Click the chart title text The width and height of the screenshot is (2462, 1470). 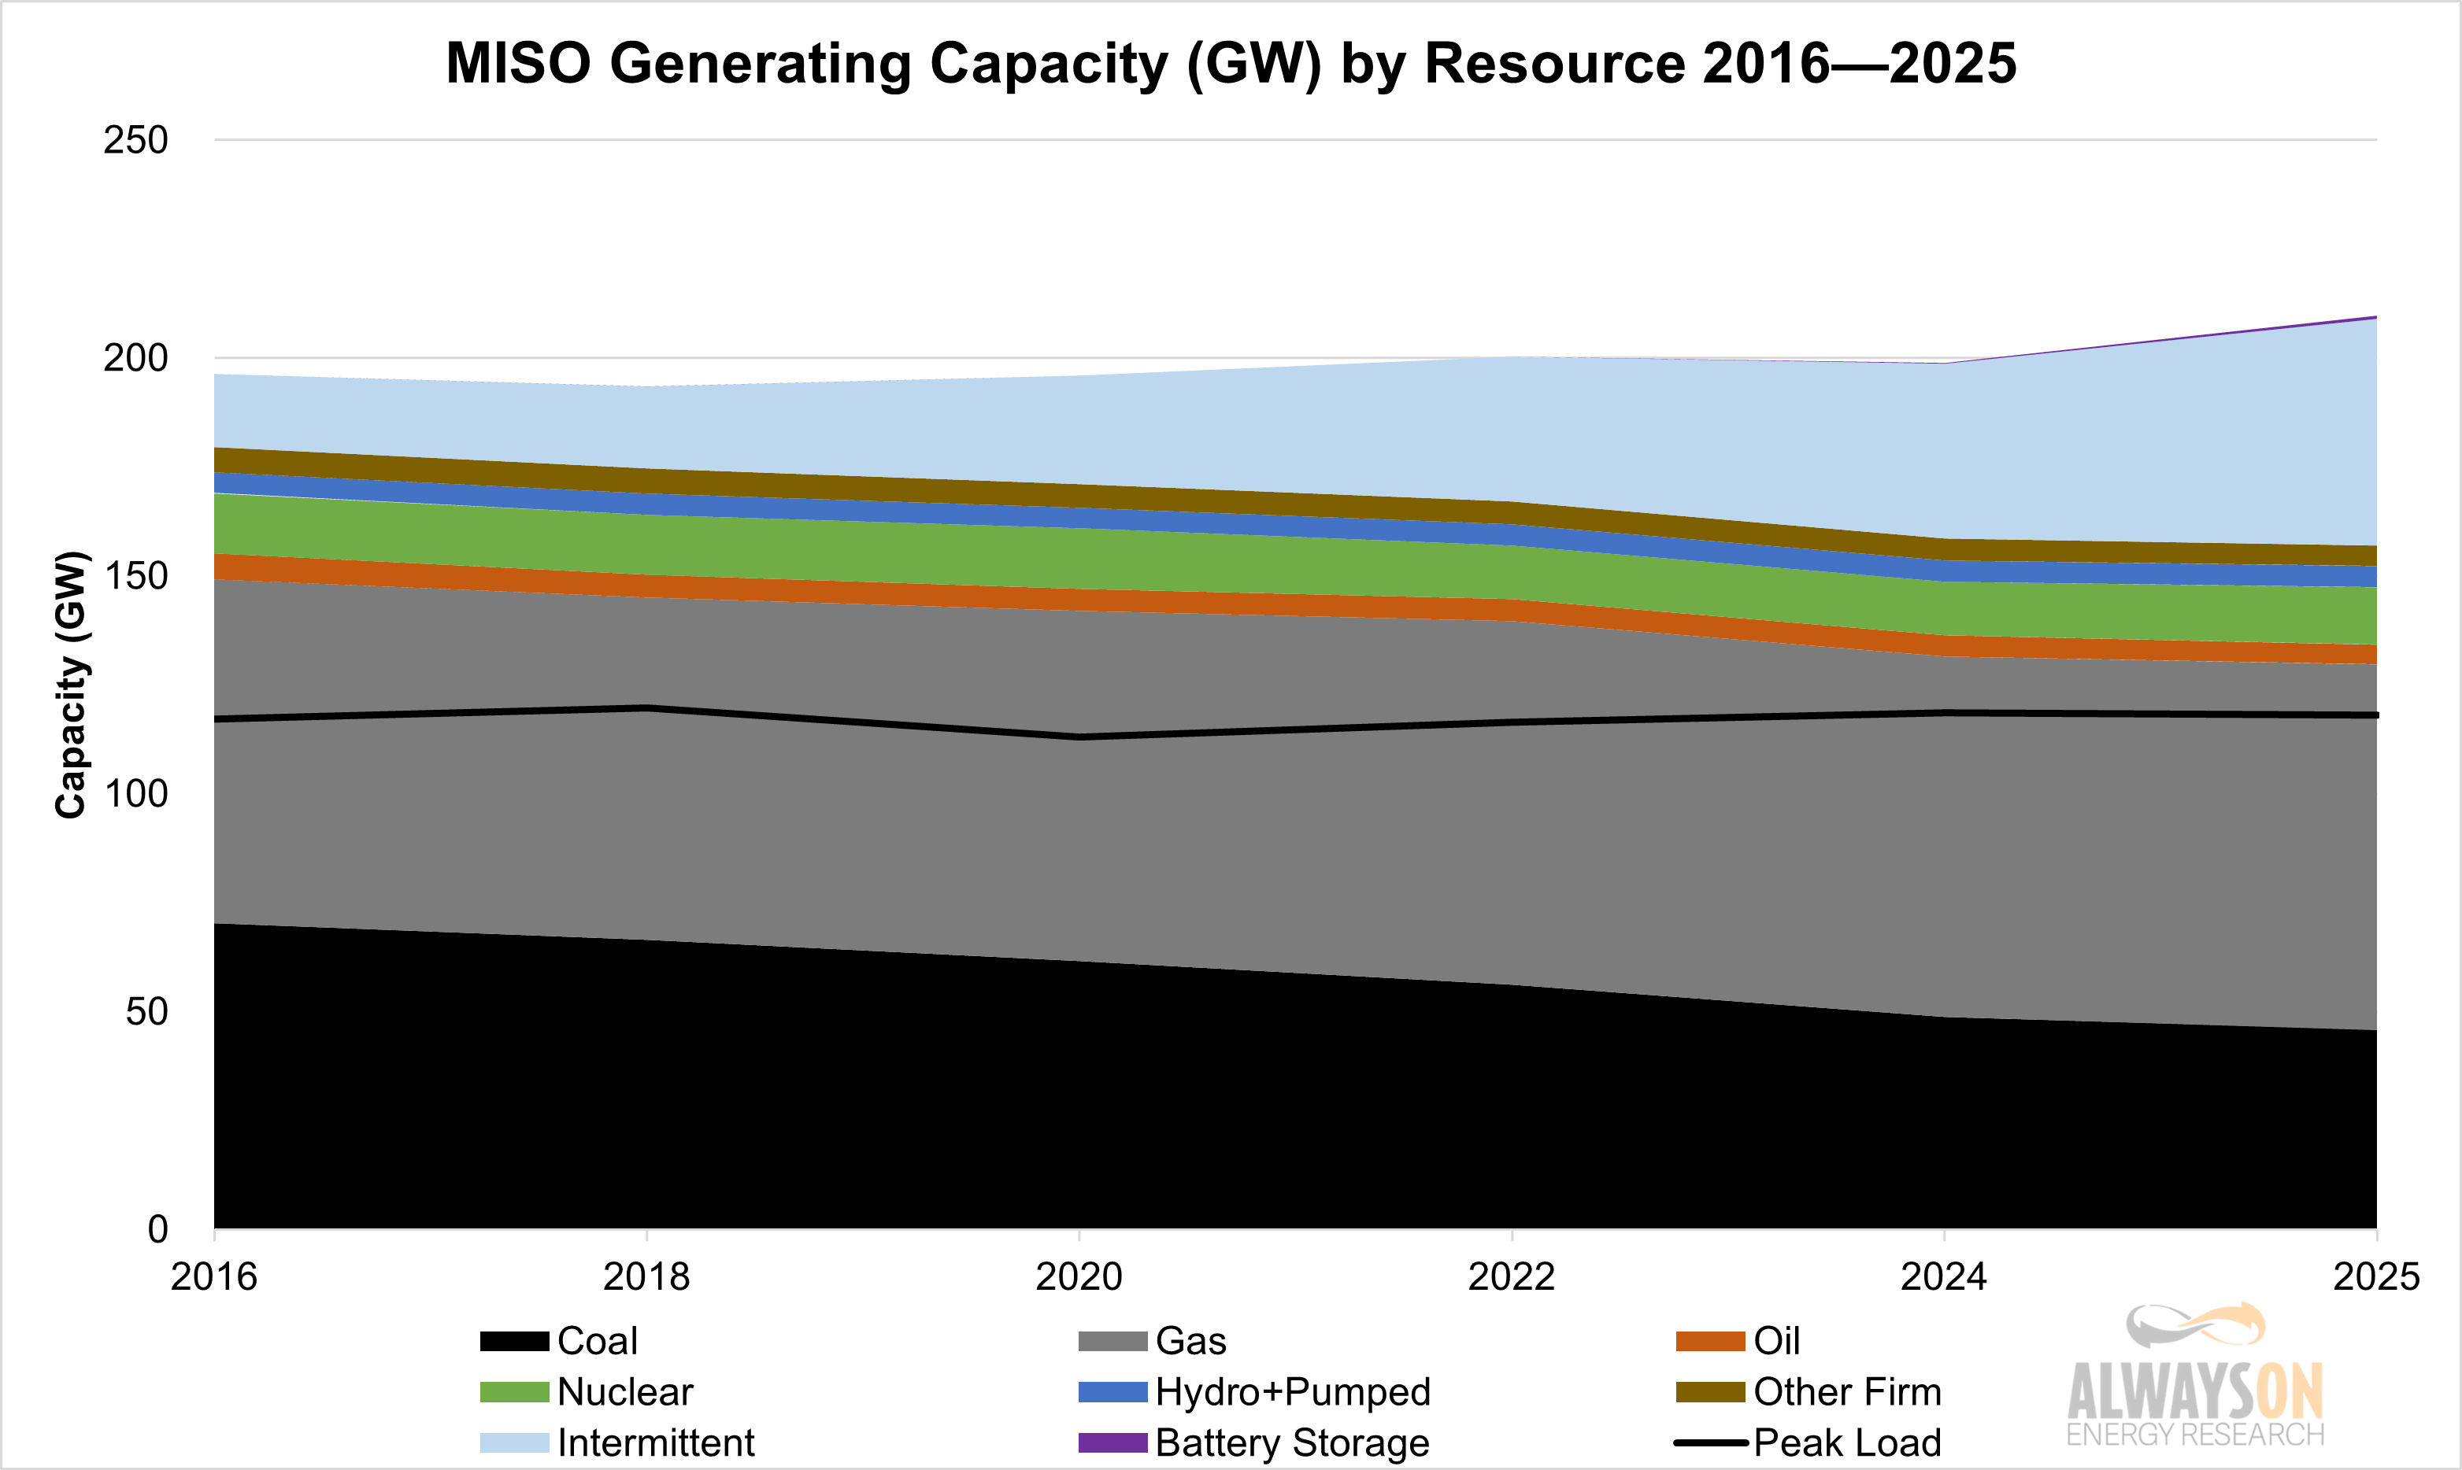click(1231, 64)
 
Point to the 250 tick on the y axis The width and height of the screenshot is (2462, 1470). click(135, 141)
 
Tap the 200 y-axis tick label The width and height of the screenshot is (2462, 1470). click(135, 359)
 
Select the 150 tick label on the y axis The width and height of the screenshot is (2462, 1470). click(135, 577)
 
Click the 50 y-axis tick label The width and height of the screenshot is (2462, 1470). click(146, 1012)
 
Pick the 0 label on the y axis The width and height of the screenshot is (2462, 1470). click(157, 1230)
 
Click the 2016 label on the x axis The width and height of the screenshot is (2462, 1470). click(214, 1277)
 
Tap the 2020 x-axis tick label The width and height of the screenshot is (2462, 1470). click(1079, 1277)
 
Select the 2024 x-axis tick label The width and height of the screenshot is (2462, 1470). click(1944, 1277)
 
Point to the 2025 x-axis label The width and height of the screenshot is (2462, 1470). click(2376, 1277)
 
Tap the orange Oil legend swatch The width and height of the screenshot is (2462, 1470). click(1709, 1341)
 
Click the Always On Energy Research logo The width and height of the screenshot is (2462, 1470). click(2194, 1377)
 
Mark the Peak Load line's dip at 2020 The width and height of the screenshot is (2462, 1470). click(1079, 737)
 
